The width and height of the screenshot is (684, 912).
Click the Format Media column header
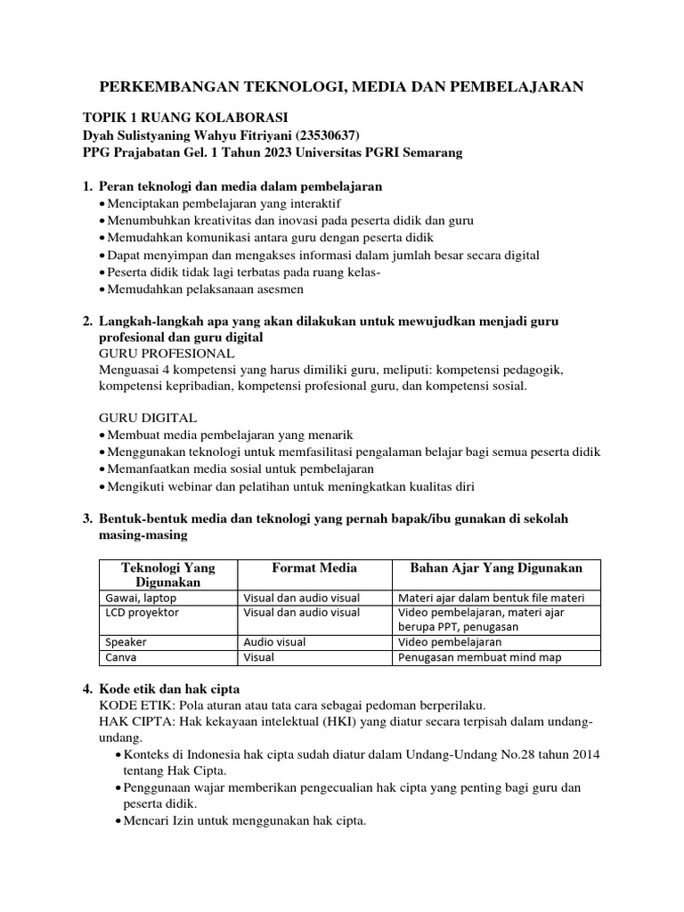click(313, 568)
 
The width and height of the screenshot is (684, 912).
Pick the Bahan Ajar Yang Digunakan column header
click(496, 568)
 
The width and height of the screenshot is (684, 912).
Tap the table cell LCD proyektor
click(142, 613)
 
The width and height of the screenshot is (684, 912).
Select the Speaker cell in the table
click(126, 641)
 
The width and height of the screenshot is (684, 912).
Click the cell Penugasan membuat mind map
click(480, 657)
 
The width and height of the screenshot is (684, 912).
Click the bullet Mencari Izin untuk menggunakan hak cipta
click(240, 821)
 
